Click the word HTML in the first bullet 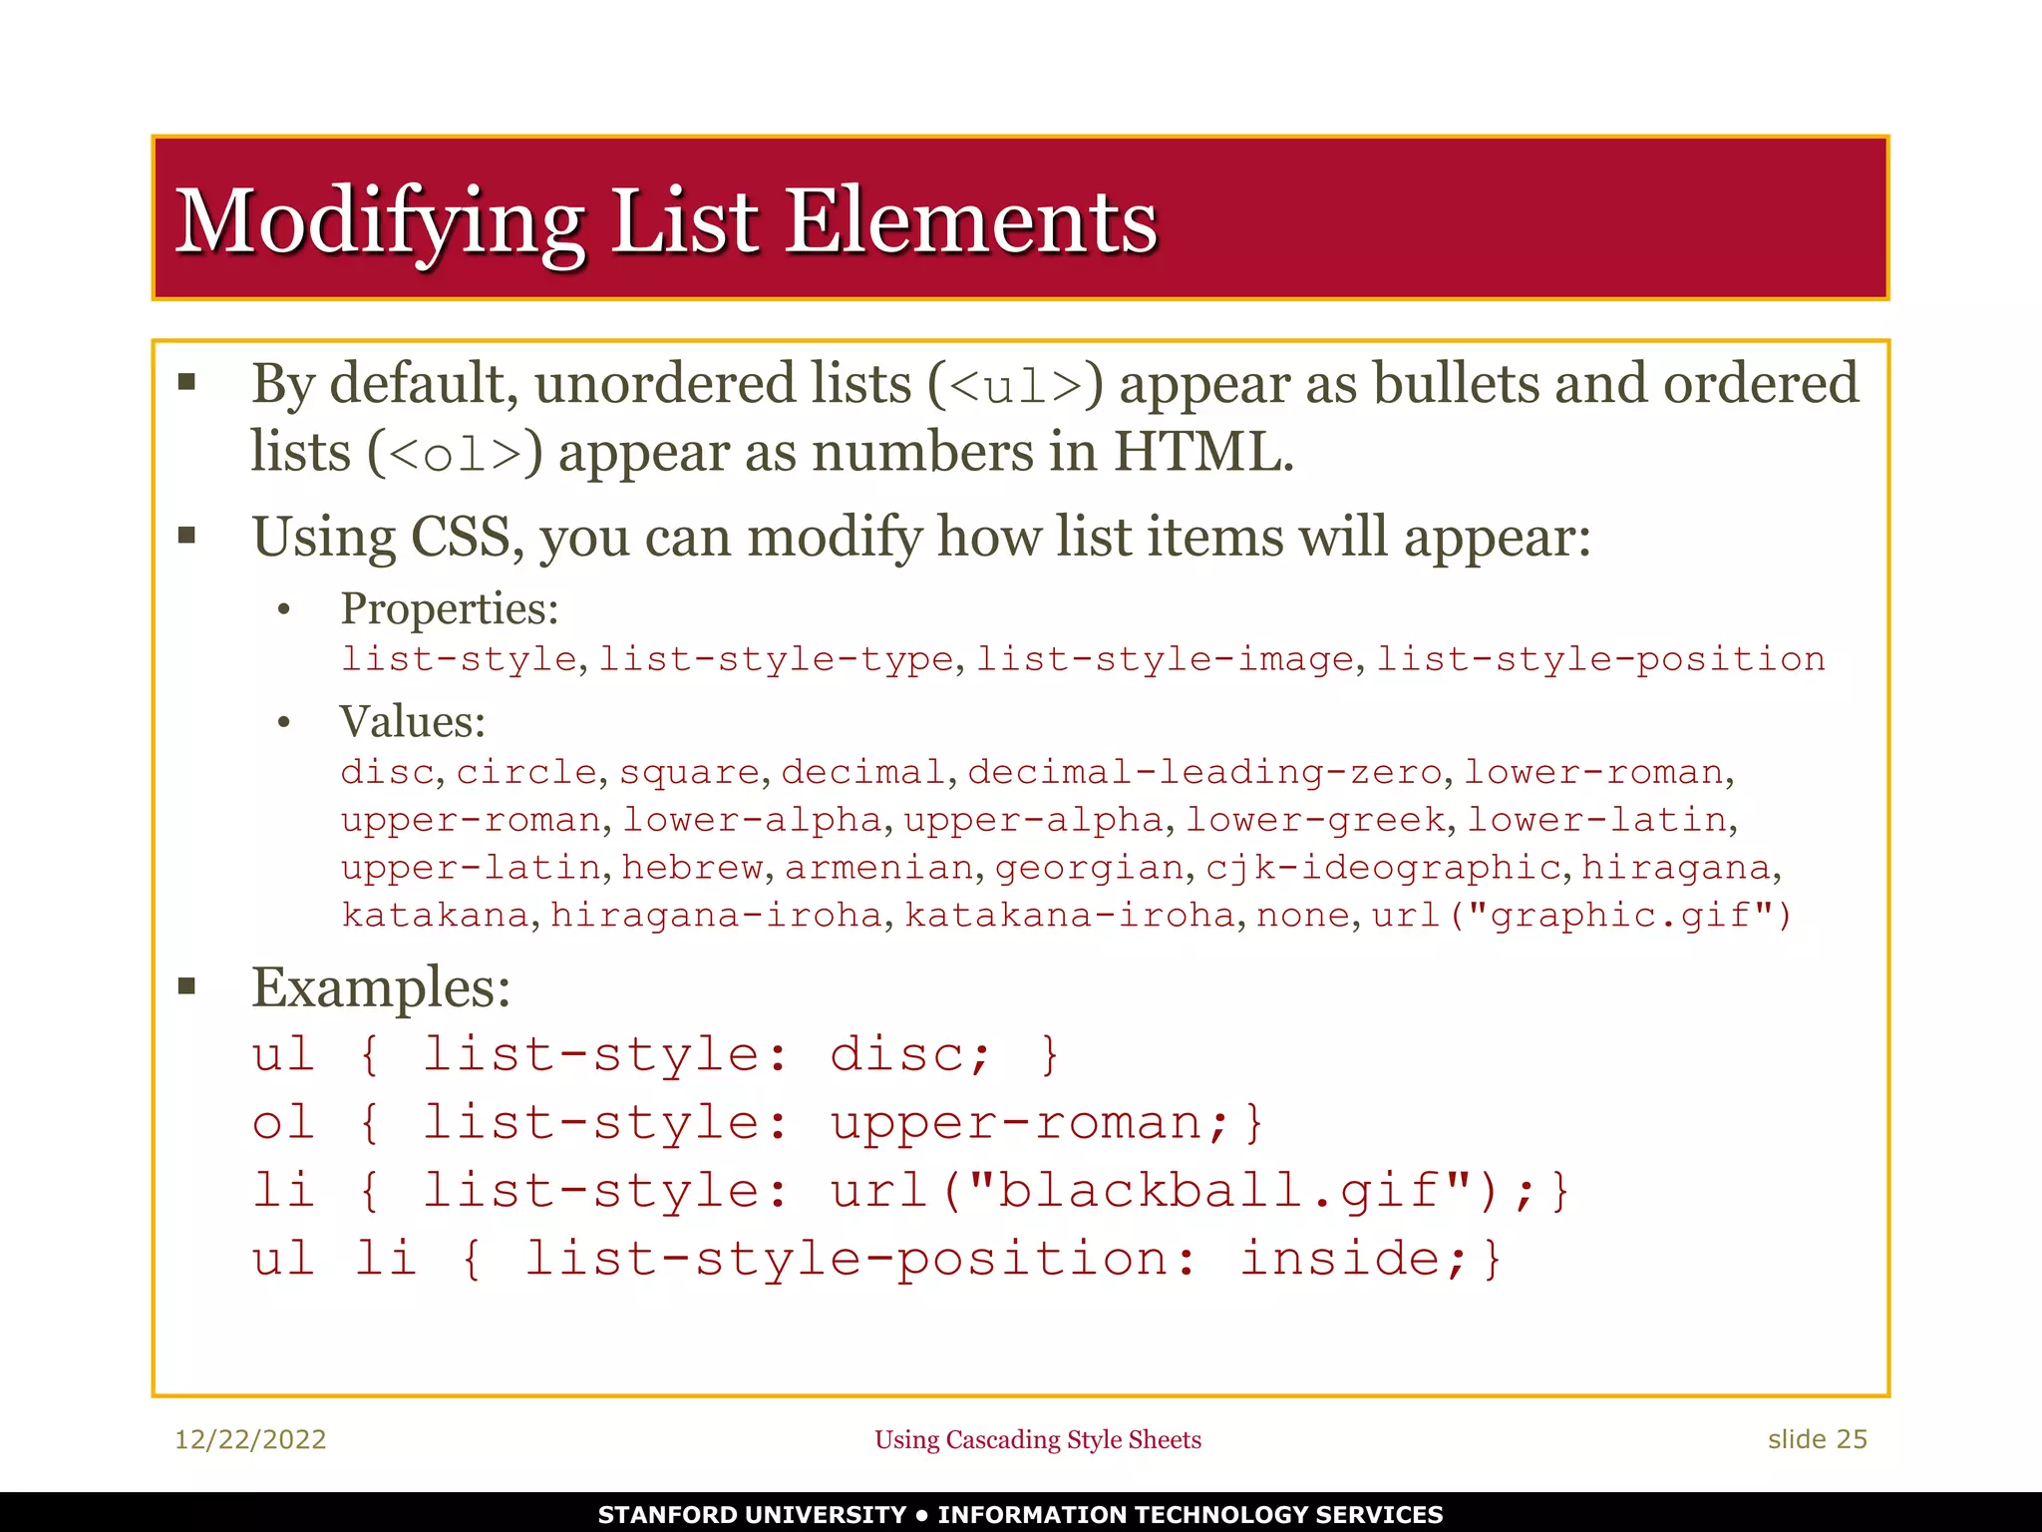point(1201,453)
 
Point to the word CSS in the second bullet point(462,538)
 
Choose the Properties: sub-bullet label point(450,608)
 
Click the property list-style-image point(1165,659)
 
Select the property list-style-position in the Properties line point(1600,659)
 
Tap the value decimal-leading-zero point(1204,772)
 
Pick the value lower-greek point(1314,820)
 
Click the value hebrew point(693,868)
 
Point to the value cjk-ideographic point(1382,868)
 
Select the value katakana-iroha point(1070,915)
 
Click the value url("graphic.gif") point(1581,915)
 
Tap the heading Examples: point(381,988)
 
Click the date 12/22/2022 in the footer point(250,1439)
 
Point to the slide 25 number point(1817,1439)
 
